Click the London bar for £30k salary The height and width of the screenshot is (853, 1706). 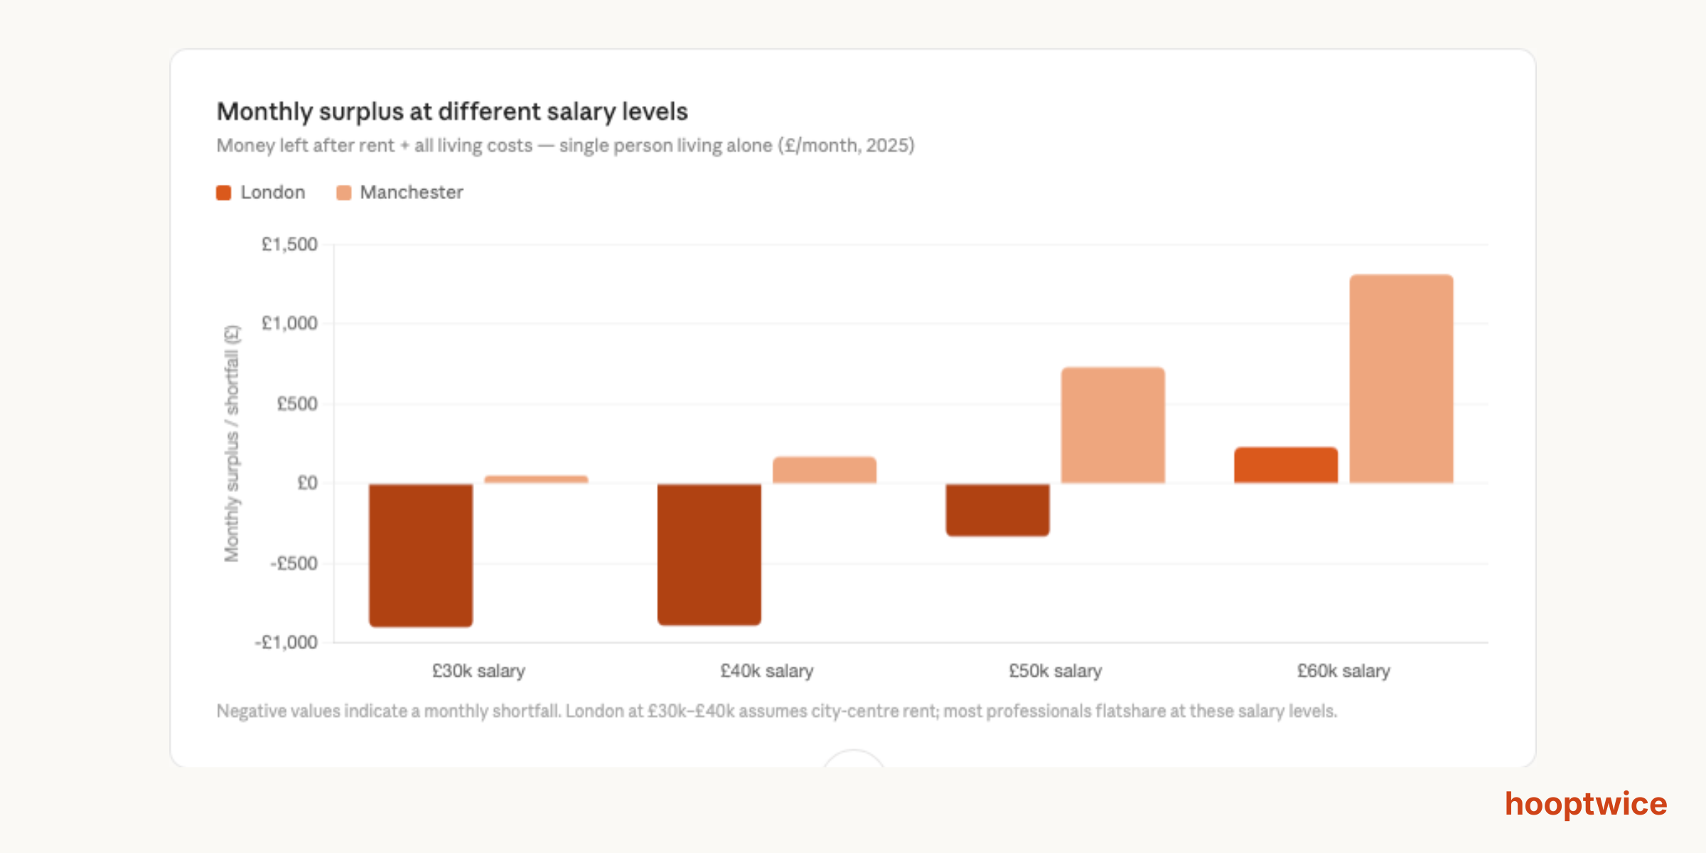(421, 554)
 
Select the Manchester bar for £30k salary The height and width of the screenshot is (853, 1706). (536, 480)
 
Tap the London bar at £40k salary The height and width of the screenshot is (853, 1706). (709, 554)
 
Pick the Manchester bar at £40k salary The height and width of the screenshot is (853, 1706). (825, 470)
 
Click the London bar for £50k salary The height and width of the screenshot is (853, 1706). (997, 509)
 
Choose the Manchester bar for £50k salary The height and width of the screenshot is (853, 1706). (1113, 425)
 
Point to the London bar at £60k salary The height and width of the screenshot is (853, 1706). (1286, 465)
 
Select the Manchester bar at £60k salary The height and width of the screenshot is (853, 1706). (1402, 379)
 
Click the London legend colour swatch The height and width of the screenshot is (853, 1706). (224, 193)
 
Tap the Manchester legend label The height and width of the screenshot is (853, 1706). (411, 193)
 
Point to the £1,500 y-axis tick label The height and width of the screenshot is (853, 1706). (289, 245)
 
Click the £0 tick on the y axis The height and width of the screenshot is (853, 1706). (307, 483)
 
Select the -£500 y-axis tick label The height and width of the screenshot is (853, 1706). (294, 564)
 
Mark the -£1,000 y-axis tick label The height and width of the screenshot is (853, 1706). (286, 643)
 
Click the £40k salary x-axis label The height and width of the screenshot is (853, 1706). (767, 671)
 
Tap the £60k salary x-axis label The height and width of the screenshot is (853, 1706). (1343, 671)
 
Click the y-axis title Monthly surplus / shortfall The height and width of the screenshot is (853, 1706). (232, 444)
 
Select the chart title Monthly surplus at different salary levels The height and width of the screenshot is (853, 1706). (452, 112)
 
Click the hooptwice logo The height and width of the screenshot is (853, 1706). (1586, 804)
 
